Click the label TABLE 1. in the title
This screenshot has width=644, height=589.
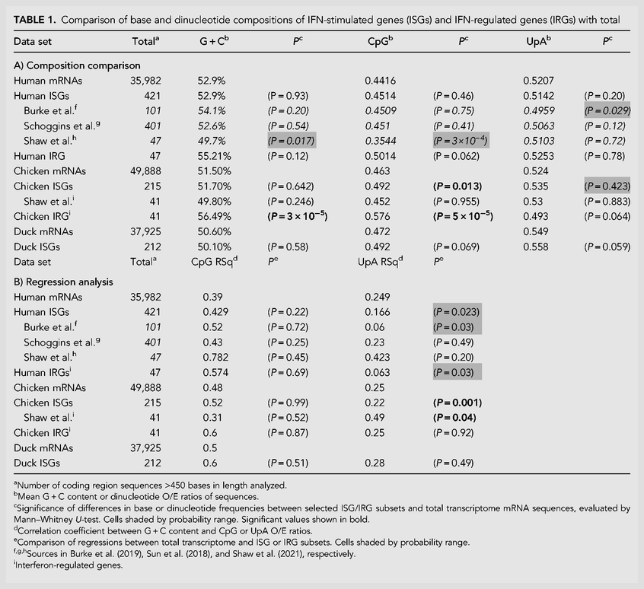[x=34, y=20]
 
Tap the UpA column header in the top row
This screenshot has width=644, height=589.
[x=538, y=40]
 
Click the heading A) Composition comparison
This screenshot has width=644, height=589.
[x=77, y=65]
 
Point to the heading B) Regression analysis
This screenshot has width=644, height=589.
[x=63, y=282]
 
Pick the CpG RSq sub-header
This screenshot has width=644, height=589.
[x=215, y=262]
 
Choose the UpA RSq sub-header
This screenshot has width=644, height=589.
[x=381, y=262]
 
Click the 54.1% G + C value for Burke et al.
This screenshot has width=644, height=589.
[x=212, y=111]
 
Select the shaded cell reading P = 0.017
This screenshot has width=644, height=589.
[x=292, y=141]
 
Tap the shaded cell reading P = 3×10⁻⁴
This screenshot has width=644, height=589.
[x=461, y=141]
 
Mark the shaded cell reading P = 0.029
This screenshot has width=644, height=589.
[x=607, y=111]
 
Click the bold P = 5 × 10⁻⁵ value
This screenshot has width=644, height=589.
[x=463, y=216]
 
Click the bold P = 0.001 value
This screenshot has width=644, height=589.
[x=457, y=403]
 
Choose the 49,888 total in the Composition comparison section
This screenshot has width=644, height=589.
[x=146, y=171]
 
